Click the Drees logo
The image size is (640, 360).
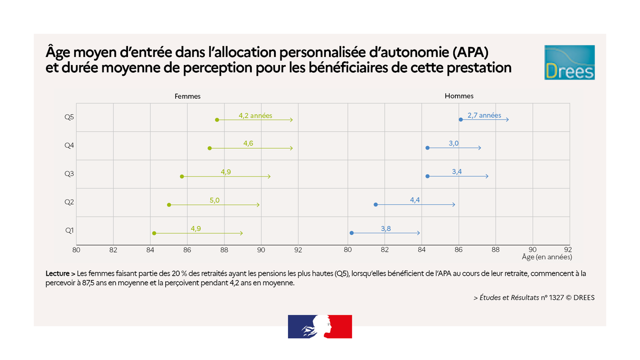coord(569,62)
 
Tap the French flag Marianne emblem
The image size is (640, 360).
coord(320,326)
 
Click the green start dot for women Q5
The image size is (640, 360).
coord(217,119)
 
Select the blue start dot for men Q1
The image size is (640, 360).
coord(351,233)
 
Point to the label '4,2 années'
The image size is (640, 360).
coord(255,115)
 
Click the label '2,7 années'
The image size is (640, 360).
coord(484,115)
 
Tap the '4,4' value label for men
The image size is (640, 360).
coord(415,200)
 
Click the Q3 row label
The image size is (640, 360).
coord(69,174)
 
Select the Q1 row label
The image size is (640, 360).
coord(69,230)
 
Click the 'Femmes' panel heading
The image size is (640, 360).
coord(188,97)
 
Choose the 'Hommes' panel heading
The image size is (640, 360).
coord(459,96)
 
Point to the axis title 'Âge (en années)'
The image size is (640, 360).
coord(547,257)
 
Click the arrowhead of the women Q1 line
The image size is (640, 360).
coord(242,233)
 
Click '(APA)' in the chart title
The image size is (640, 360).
coord(470,53)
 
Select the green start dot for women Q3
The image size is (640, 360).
coord(182,176)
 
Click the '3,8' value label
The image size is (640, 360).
coord(387,228)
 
